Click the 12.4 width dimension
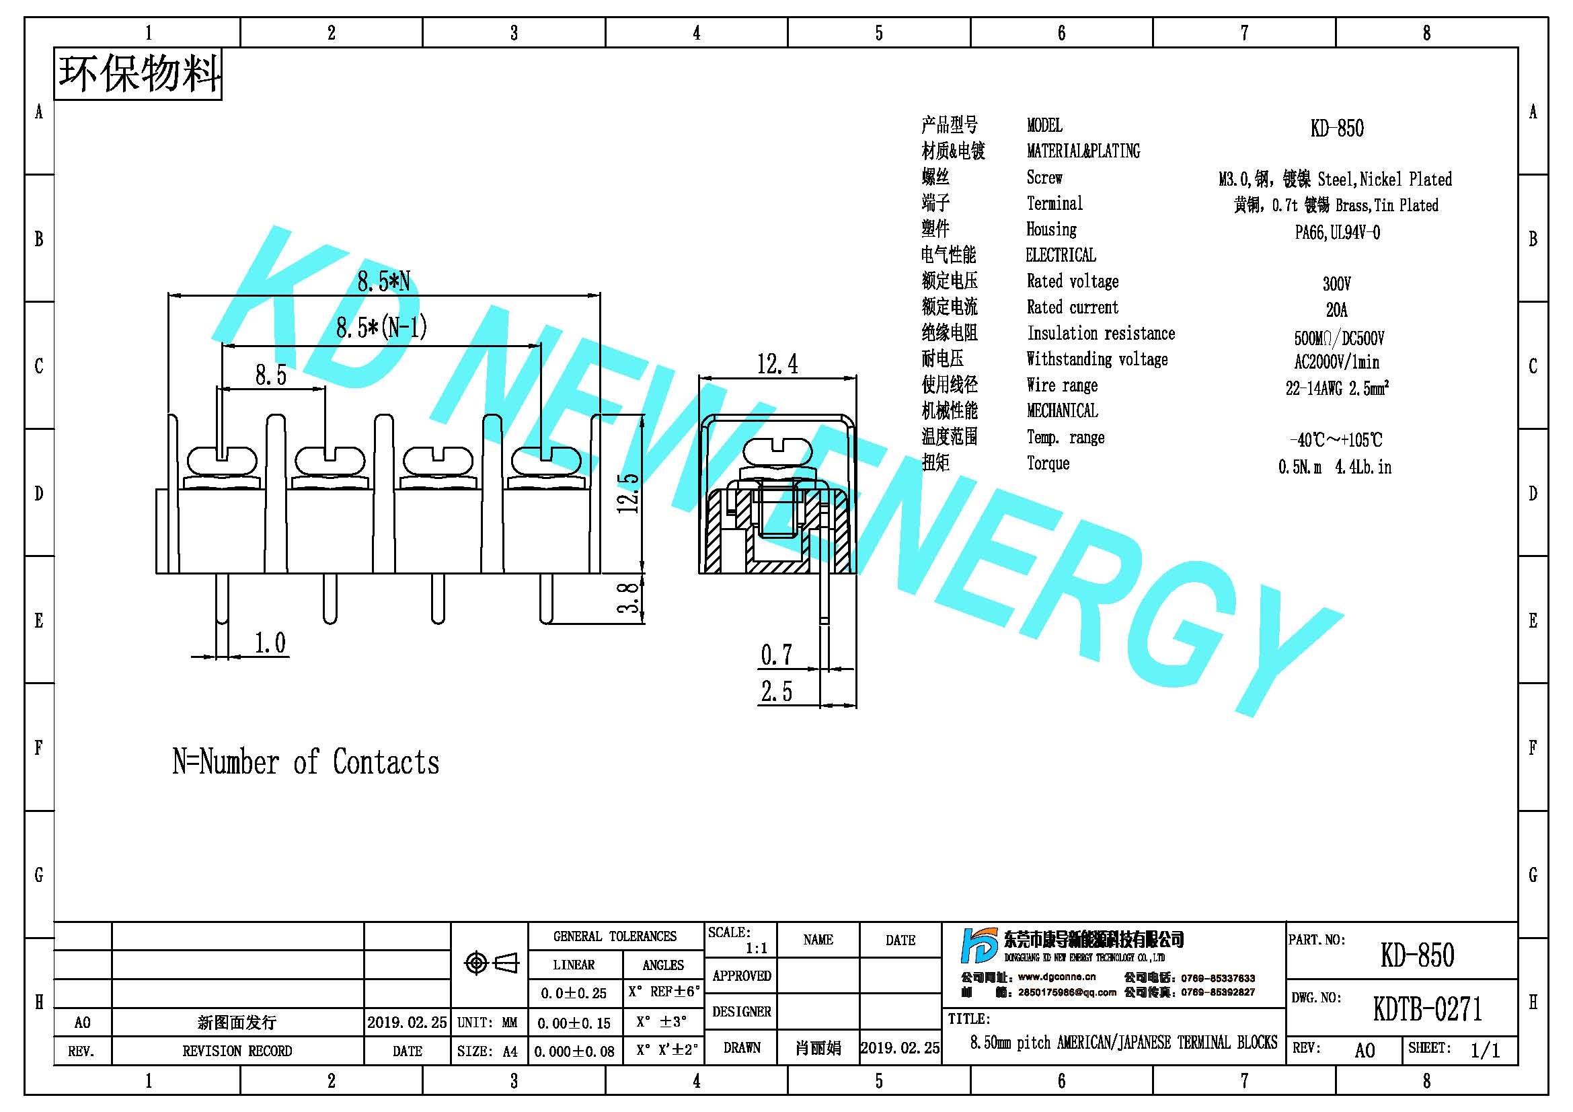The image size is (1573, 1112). pyautogui.click(x=777, y=364)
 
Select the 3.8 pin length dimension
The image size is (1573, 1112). pyautogui.click(x=628, y=598)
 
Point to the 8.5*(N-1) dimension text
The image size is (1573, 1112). pyautogui.click(x=381, y=328)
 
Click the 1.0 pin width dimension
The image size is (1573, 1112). pyautogui.click(x=270, y=642)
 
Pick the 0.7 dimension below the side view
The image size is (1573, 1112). pyautogui.click(x=776, y=655)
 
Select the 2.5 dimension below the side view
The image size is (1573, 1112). pyautogui.click(x=776, y=692)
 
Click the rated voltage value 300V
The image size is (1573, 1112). pyautogui.click(x=1337, y=284)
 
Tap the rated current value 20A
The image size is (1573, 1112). pyautogui.click(x=1337, y=309)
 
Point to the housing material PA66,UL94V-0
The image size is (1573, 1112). pyautogui.click(x=1338, y=232)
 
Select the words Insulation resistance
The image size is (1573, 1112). pyautogui.click(x=1101, y=334)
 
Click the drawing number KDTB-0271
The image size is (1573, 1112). pyautogui.click(x=1427, y=1008)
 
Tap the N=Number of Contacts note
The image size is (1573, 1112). pyautogui.click(x=305, y=762)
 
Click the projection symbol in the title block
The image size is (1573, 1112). pyautogui.click(x=491, y=963)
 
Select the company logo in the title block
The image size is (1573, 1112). pyautogui.click(x=980, y=947)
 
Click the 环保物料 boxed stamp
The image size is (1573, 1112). pyautogui.click(x=138, y=74)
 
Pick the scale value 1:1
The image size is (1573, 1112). pyautogui.click(x=757, y=949)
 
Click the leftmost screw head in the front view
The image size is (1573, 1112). pyautogui.click(x=221, y=459)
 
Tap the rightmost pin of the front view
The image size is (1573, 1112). pyautogui.click(x=546, y=599)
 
